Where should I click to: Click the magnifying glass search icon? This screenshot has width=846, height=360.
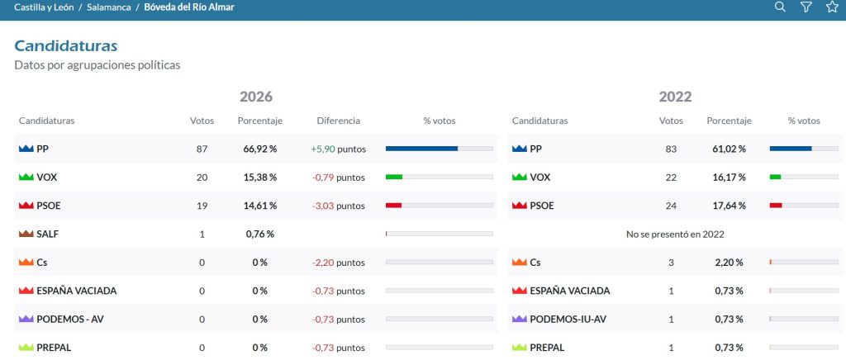pyautogui.click(x=780, y=7)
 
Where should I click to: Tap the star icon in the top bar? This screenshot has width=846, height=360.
pyautogui.click(x=831, y=7)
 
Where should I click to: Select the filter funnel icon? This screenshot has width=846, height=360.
pyautogui.click(x=806, y=7)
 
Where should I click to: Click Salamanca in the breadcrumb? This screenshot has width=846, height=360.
pyautogui.click(x=108, y=7)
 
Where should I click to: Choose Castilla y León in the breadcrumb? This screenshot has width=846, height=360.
pyautogui.click(x=44, y=7)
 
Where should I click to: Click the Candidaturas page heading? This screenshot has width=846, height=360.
pyautogui.click(x=66, y=45)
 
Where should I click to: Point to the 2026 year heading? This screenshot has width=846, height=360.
pyautogui.click(x=256, y=97)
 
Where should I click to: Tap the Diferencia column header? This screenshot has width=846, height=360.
pyautogui.click(x=338, y=121)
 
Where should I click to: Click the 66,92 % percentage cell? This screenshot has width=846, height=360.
pyautogui.click(x=260, y=149)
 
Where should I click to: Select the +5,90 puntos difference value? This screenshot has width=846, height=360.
pyautogui.click(x=338, y=149)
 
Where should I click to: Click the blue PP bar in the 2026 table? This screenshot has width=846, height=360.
pyautogui.click(x=421, y=149)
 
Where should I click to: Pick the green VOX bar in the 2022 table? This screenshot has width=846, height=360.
pyautogui.click(x=775, y=177)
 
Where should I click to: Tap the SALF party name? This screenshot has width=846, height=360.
pyautogui.click(x=47, y=234)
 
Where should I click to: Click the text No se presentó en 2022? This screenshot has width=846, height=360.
pyautogui.click(x=675, y=234)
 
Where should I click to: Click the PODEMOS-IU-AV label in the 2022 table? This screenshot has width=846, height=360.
pyautogui.click(x=568, y=319)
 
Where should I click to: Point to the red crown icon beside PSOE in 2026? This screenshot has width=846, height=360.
pyautogui.click(x=26, y=206)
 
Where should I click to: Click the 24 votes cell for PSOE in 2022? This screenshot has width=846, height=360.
pyautogui.click(x=671, y=206)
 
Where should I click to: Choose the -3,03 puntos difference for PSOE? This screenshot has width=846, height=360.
pyautogui.click(x=338, y=206)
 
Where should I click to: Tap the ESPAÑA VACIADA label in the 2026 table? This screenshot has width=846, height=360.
pyautogui.click(x=77, y=291)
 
